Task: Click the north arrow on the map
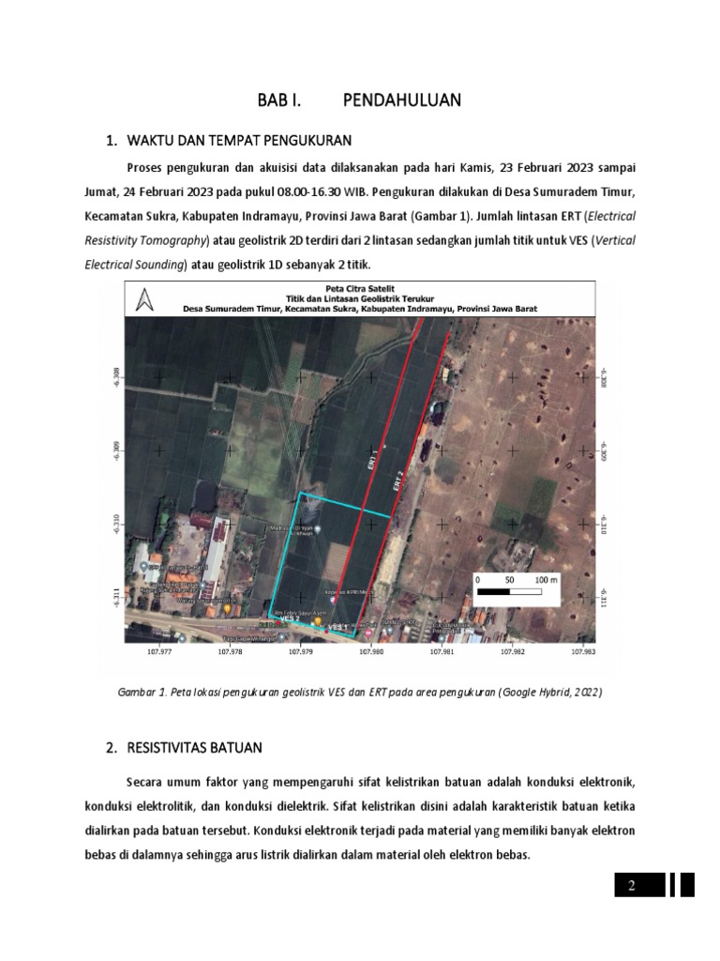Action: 143,299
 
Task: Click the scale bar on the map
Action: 515,591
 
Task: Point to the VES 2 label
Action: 289,618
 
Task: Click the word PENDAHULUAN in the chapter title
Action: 402,99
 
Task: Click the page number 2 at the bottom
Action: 632,885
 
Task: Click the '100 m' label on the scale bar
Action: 546,580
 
